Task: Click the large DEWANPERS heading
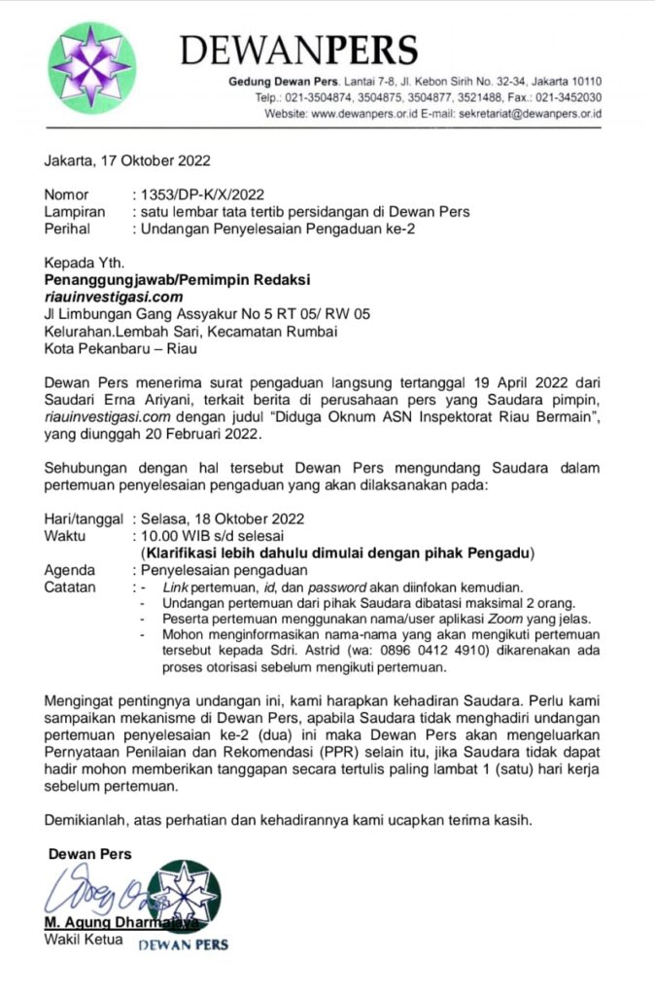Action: point(299,50)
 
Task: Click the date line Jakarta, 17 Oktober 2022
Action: point(127,160)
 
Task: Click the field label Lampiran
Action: point(75,211)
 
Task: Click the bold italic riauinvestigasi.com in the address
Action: point(114,297)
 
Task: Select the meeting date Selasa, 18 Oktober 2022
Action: point(223,518)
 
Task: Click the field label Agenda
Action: point(70,570)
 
